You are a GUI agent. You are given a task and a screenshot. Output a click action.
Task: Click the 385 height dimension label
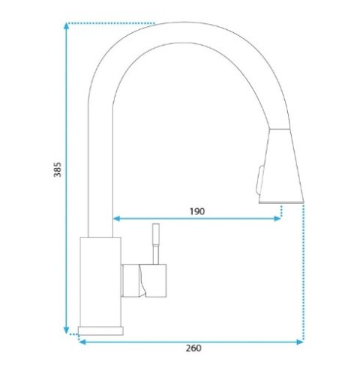pos(57,169)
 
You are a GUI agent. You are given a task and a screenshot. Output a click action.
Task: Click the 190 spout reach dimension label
pos(197,211)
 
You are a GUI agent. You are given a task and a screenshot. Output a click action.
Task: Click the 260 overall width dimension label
pos(193,348)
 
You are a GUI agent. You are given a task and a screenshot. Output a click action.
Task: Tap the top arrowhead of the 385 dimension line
pos(66,26)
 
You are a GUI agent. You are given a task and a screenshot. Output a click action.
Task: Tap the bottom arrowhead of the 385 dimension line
pos(66,330)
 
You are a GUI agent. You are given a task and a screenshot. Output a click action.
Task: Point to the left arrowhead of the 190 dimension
pos(117,219)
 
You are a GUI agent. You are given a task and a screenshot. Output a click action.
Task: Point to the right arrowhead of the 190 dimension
pos(277,219)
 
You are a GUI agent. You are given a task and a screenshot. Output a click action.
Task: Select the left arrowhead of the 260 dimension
pos(82,342)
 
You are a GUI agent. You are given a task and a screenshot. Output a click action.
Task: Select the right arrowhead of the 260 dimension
pos(300,342)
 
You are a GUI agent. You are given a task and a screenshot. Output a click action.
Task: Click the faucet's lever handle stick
pos(156,244)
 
